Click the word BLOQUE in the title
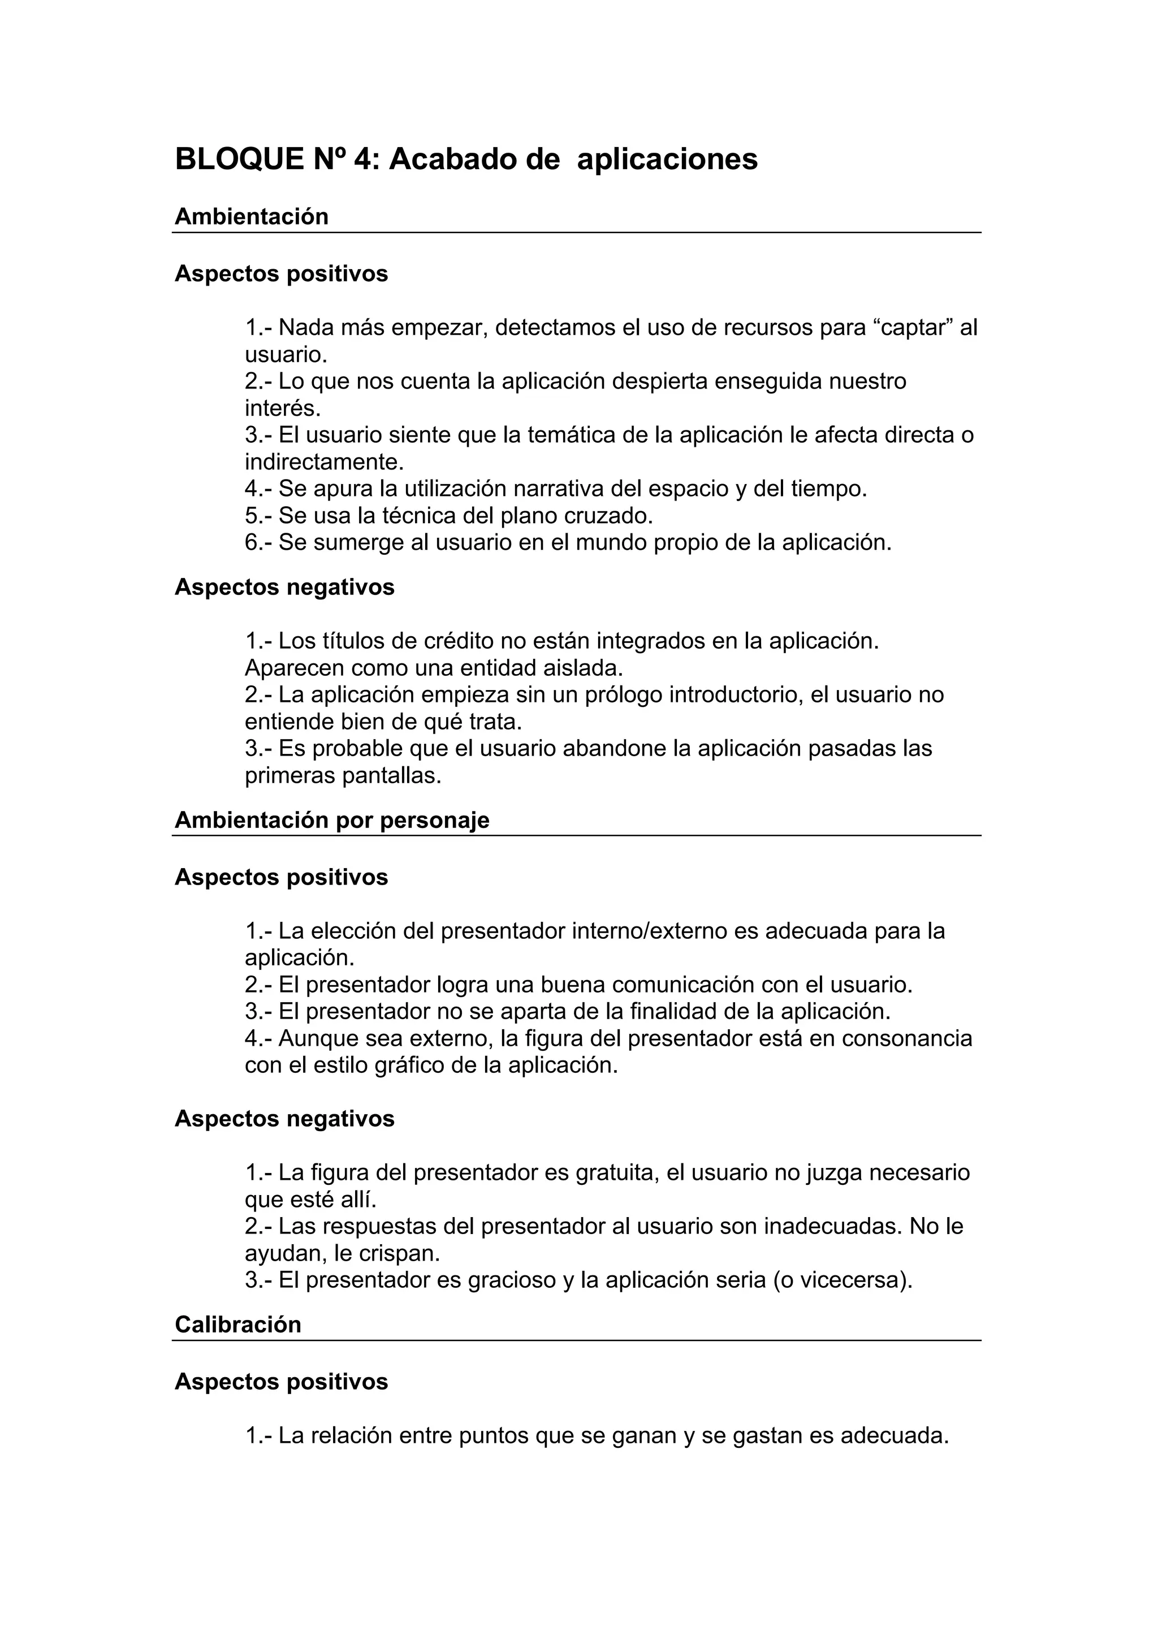point(240,158)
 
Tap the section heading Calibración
point(237,1324)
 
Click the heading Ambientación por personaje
point(332,819)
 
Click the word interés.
point(283,408)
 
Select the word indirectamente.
point(324,462)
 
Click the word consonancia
point(906,1038)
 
